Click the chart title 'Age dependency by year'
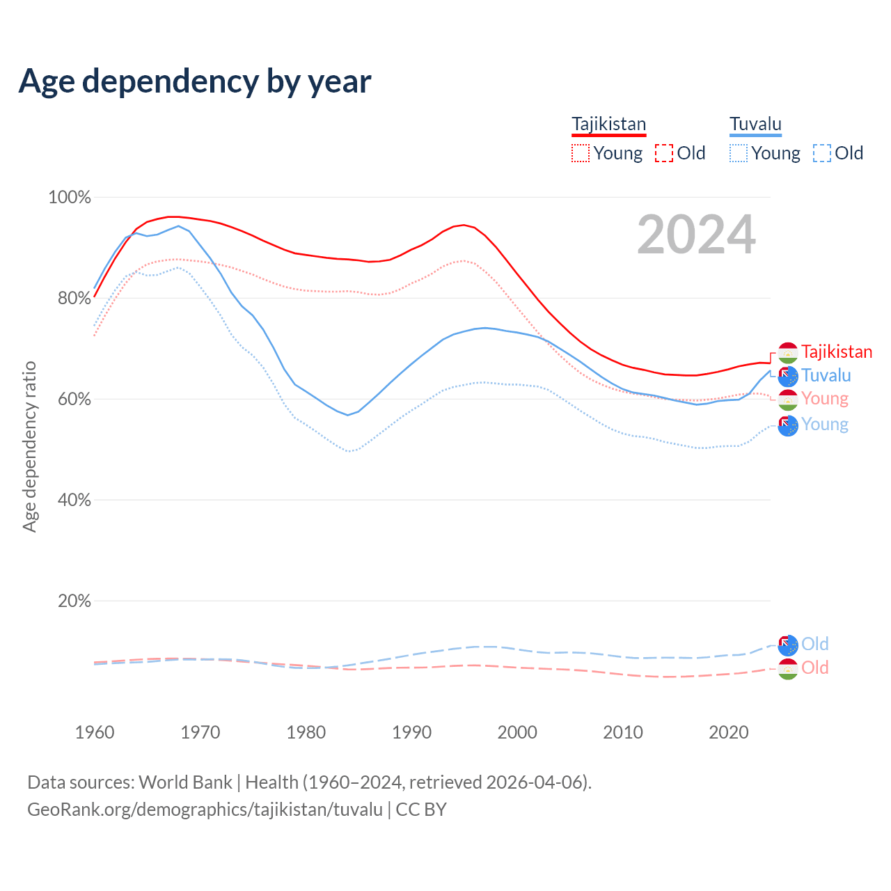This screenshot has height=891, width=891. coord(195,81)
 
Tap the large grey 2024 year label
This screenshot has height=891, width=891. coord(696,235)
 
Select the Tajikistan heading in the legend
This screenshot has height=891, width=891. coord(608,124)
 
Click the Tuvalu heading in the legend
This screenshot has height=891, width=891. coord(755,124)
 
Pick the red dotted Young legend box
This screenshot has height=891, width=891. coord(580,153)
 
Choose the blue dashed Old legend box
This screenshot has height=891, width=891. coord(822,153)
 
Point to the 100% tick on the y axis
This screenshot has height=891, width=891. coord(70,198)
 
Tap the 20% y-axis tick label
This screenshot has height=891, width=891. coord(74,601)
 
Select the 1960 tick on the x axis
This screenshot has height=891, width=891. coord(95,732)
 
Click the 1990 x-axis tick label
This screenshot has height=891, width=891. coord(411,732)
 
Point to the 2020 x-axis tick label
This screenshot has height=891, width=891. coord(728,732)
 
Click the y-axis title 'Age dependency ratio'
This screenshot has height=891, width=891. coord(29,446)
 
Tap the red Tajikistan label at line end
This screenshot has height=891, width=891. coord(837,352)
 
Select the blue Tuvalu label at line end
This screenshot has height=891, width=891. coord(826,376)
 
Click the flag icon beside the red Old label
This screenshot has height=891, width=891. coord(788,669)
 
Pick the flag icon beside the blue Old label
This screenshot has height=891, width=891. coord(788,645)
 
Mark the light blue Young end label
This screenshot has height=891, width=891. coord(825,425)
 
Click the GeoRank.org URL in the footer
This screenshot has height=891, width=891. coord(205,810)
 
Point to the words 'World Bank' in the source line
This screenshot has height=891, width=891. coord(185,782)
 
